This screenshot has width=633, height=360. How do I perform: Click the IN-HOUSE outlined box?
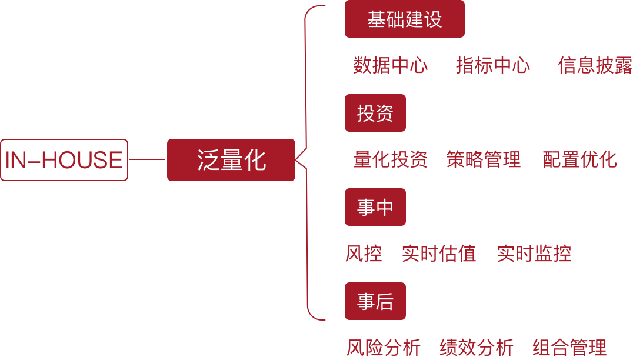click(x=64, y=160)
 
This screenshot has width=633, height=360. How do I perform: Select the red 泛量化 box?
click(x=231, y=160)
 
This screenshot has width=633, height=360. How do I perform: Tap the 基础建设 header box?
click(x=405, y=19)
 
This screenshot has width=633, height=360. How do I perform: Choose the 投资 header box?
click(x=375, y=113)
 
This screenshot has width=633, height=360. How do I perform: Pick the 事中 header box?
click(x=375, y=207)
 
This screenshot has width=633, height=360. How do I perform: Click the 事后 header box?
click(x=375, y=301)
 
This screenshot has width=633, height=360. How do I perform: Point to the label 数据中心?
click(x=391, y=65)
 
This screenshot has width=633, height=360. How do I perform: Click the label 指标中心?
click(x=493, y=65)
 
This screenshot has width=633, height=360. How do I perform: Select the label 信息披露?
click(x=595, y=65)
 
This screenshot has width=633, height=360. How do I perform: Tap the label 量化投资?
click(x=391, y=159)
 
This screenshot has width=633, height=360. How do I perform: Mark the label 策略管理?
click(x=484, y=159)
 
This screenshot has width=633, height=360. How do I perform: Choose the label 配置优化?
click(x=580, y=159)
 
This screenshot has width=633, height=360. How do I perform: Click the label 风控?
click(x=364, y=254)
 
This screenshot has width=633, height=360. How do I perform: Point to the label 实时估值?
click(x=439, y=254)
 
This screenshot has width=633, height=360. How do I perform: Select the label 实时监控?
click(x=534, y=254)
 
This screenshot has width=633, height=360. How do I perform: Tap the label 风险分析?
click(x=384, y=348)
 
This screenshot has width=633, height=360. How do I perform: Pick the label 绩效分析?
click(x=477, y=348)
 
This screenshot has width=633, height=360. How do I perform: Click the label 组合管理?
click(x=569, y=348)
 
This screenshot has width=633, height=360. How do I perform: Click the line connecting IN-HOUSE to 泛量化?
click(x=147, y=159)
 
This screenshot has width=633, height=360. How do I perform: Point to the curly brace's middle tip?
click(x=296, y=159)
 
